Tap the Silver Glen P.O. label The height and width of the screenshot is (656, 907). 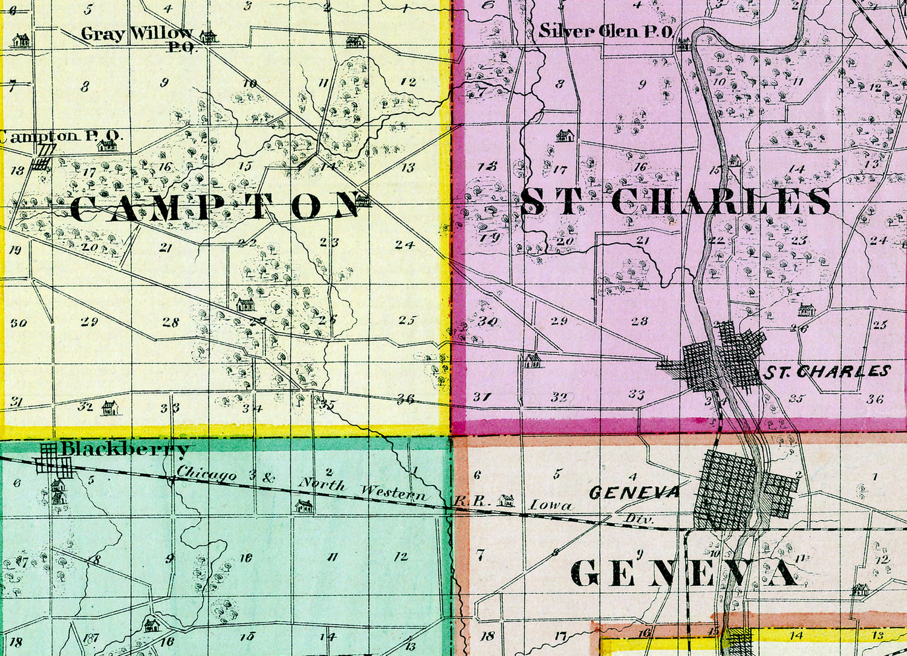(x=605, y=31)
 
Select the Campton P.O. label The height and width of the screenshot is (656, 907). (x=60, y=136)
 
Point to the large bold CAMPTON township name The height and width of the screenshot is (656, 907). (x=215, y=207)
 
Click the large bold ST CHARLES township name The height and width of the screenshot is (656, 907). (x=676, y=202)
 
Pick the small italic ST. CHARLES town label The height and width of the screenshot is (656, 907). (x=827, y=371)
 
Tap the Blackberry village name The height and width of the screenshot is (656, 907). (x=125, y=449)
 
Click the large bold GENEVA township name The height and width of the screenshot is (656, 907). (x=683, y=573)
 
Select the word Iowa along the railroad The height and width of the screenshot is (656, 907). (x=551, y=505)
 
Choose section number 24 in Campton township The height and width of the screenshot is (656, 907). (x=405, y=245)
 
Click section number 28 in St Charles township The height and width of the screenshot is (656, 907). (x=639, y=322)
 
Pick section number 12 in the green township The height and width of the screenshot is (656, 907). (x=401, y=556)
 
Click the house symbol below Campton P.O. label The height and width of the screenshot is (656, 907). (x=108, y=146)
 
